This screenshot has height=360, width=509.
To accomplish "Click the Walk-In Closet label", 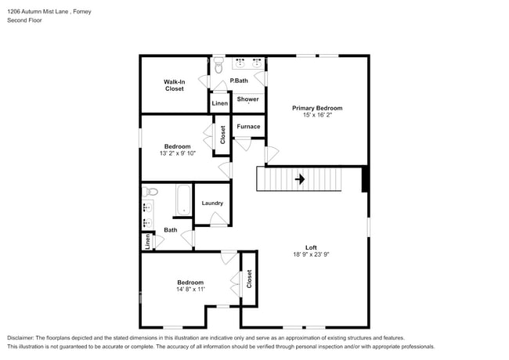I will (x=174, y=85).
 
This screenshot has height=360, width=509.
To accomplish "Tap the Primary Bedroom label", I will (x=317, y=108).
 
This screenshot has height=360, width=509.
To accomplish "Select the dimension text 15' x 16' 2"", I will (x=317, y=116).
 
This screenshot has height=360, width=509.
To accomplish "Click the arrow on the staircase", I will (x=299, y=179).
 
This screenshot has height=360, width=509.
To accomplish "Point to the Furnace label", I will (x=249, y=126).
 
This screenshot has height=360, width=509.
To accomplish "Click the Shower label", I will (x=248, y=99).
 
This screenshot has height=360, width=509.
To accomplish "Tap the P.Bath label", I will (x=239, y=81).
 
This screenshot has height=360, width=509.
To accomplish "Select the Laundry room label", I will (x=212, y=203).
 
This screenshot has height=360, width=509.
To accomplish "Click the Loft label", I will (x=311, y=247).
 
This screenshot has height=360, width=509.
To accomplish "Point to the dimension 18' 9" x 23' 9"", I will (x=311, y=255).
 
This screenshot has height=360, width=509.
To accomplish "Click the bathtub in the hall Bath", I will (x=182, y=200).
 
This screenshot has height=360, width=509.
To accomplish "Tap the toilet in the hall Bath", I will (x=151, y=191).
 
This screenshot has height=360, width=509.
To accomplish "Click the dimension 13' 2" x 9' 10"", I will (x=177, y=153).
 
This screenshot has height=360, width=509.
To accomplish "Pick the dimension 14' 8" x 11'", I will (x=190, y=290).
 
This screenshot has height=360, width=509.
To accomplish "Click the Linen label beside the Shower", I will (x=220, y=103).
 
